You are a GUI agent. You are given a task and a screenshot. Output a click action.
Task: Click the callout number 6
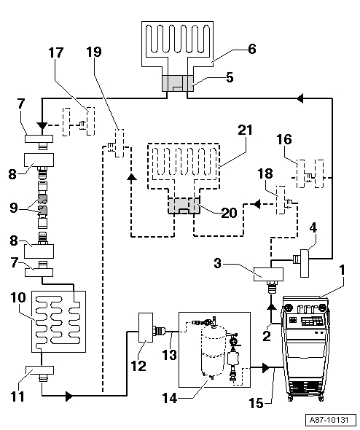[x=252, y=50]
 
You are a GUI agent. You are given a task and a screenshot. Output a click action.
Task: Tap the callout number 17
[x=56, y=52]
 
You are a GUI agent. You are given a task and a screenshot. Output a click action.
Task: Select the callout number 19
[x=94, y=52]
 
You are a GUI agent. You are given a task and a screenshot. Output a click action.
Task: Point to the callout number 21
[x=245, y=130]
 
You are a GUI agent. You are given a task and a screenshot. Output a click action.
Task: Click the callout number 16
[x=284, y=139]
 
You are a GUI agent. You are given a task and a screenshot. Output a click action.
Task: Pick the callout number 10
[x=18, y=298]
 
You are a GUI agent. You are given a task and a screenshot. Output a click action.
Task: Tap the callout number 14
[x=170, y=398]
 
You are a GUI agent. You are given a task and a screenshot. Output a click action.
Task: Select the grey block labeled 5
[x=177, y=83]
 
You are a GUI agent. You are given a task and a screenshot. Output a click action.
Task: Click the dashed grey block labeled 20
[x=184, y=206]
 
